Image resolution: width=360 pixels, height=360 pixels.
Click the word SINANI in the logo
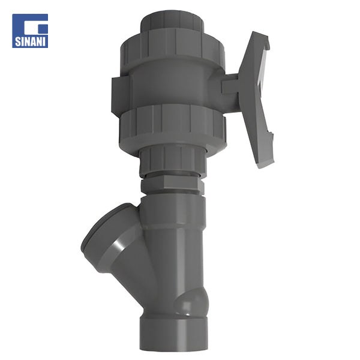pos(30,43)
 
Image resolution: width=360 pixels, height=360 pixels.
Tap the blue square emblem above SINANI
pos(30,25)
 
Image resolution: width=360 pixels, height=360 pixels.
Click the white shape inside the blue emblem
pos(32,26)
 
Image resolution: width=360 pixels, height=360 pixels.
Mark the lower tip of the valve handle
pos(265,159)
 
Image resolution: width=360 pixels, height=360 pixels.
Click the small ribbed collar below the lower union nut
pos(173,160)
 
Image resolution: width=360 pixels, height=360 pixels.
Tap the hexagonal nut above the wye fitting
pos(172,182)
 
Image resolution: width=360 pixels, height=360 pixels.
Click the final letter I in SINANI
pos(44,43)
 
